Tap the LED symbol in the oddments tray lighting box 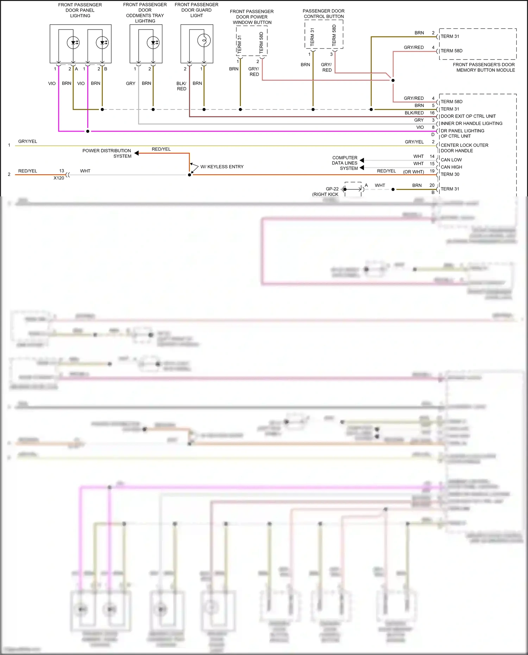[153, 43]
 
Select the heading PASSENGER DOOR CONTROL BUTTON [324, 14]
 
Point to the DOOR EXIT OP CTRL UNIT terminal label [468, 116]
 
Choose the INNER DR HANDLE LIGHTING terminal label [471, 124]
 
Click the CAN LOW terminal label [451, 160]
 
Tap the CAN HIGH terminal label [452, 167]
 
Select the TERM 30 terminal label [450, 174]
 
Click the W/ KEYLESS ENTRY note [222, 167]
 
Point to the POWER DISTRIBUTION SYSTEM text [107, 153]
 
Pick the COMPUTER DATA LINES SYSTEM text [345, 163]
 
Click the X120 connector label [59, 178]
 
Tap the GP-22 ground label [332, 189]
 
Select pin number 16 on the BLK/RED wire [432, 113]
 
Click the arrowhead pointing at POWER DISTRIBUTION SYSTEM [137, 153]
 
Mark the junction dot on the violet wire [88, 131]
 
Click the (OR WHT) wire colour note [414, 172]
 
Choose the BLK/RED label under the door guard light [182, 86]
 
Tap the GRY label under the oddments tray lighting [131, 83]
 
